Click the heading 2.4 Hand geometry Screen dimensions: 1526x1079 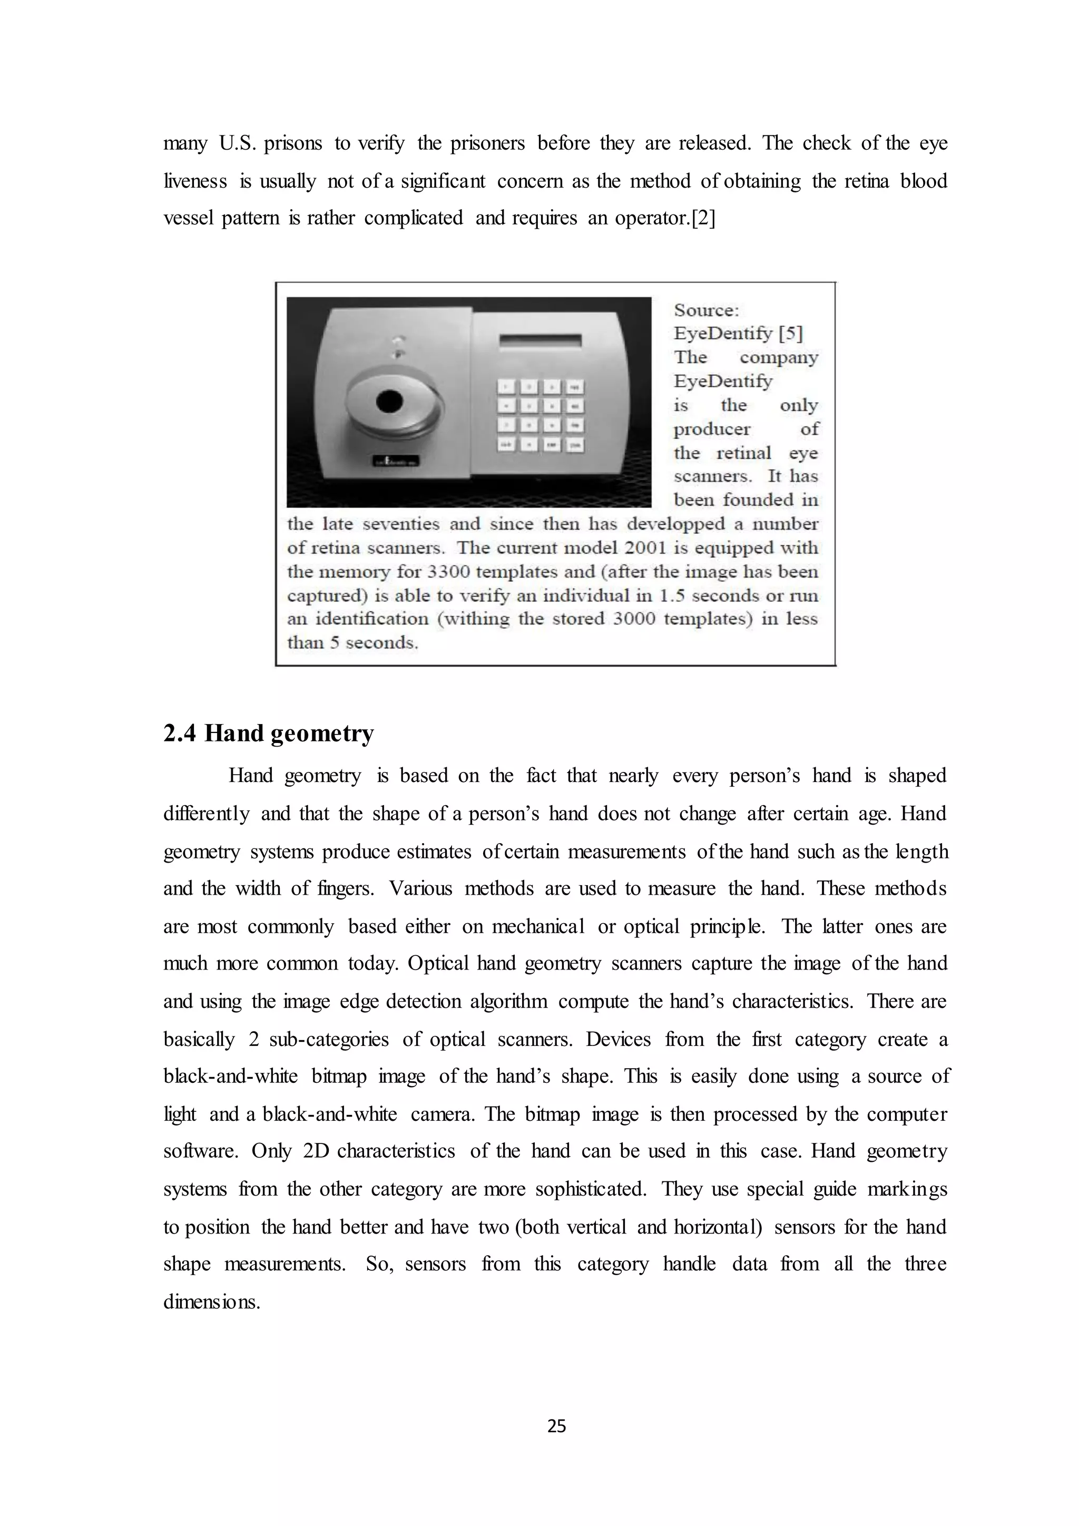tap(268, 733)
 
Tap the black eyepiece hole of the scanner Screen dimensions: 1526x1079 tap(389, 400)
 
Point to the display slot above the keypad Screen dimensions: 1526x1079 tap(540, 341)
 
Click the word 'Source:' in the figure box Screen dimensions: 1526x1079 tap(705, 310)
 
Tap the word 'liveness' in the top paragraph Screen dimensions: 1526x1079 tap(195, 181)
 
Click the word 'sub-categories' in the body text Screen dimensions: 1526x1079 tap(329, 1040)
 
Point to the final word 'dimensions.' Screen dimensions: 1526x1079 tap(211, 1302)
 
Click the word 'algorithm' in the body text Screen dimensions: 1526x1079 tap(508, 1002)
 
